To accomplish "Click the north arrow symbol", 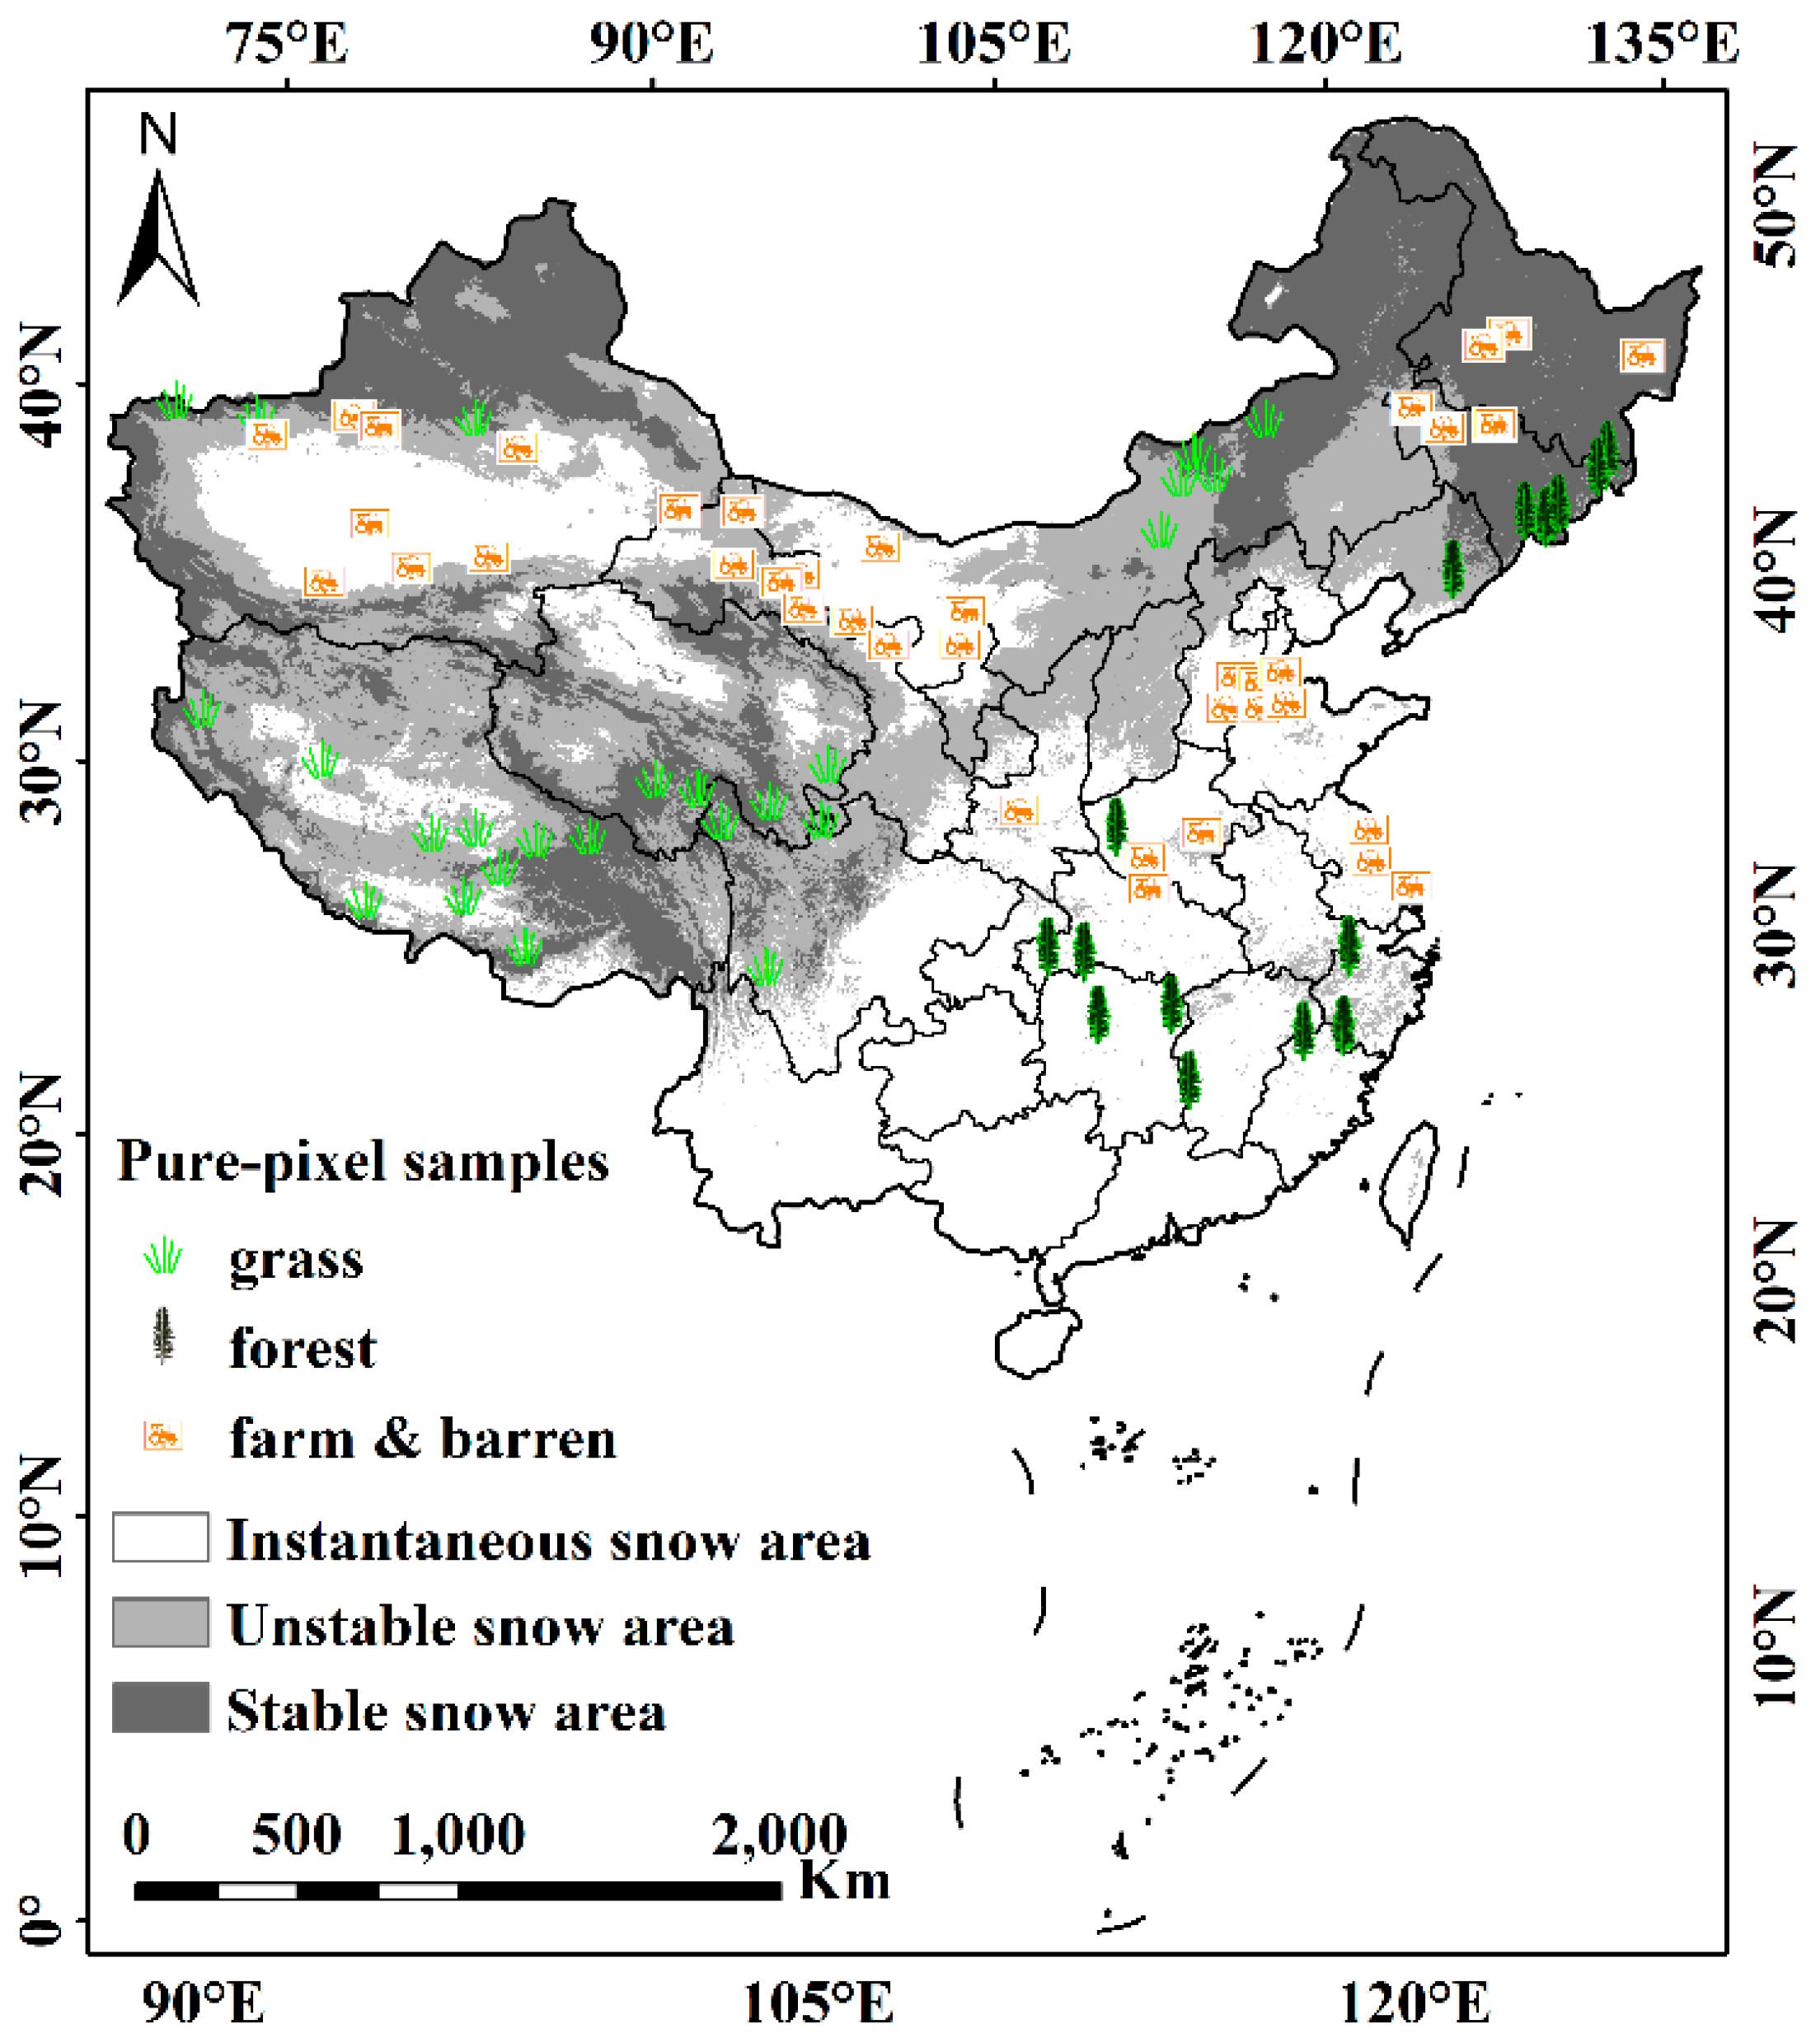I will [x=158, y=240].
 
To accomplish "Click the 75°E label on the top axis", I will [x=288, y=45].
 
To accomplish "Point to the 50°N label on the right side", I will [x=1774, y=206].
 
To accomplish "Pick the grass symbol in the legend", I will [x=163, y=1256].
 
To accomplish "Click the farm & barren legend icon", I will [x=163, y=1436].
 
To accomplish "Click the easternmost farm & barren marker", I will [x=1641, y=355].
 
